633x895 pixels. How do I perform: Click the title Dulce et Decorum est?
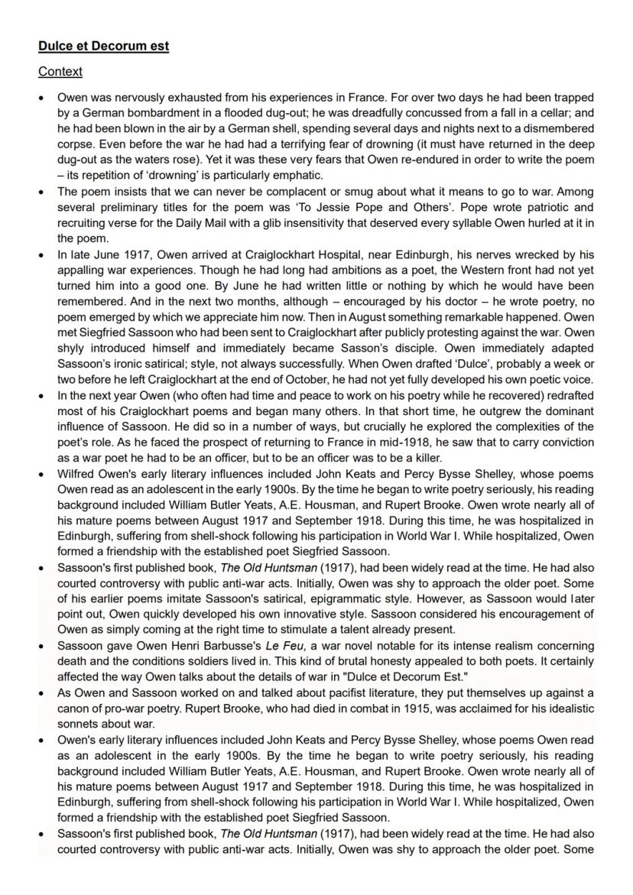tap(103, 47)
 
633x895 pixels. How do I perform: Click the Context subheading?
tap(60, 72)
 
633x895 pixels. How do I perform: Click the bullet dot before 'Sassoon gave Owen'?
tap(42, 645)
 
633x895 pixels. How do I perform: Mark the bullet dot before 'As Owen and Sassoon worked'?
tap(42, 693)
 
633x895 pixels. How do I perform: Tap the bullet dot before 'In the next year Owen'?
tap(42, 395)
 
